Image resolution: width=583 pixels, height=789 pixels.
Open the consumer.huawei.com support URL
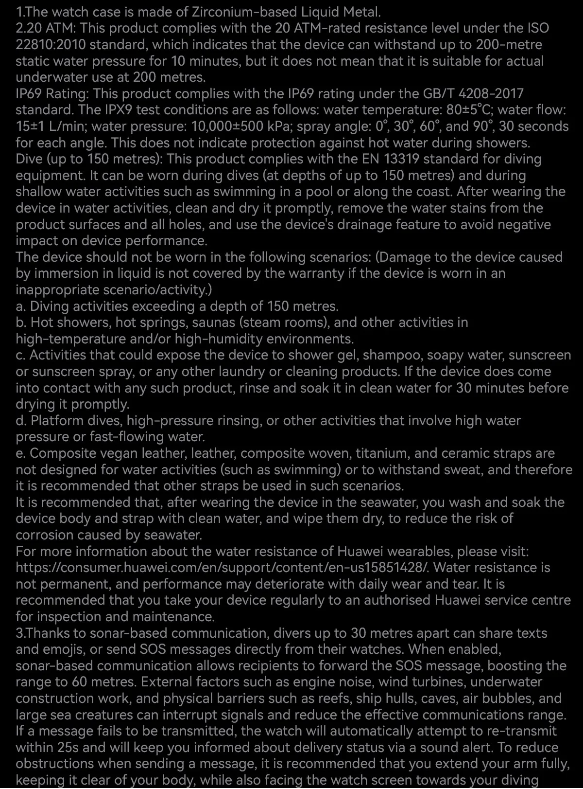[x=223, y=568]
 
